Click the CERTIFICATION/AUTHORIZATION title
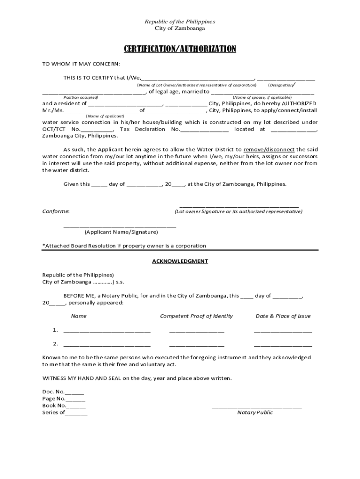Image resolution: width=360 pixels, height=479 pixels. [x=180, y=49]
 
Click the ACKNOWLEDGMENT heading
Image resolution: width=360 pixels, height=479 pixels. [x=180, y=261]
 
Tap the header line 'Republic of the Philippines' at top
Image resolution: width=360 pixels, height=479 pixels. [x=180, y=22]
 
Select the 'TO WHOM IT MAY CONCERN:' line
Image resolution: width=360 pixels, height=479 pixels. [x=81, y=64]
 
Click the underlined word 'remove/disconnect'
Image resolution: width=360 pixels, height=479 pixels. [x=269, y=150]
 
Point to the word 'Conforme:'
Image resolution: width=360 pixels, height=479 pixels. [x=56, y=211]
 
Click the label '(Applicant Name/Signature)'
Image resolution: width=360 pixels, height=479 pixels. [x=121, y=232]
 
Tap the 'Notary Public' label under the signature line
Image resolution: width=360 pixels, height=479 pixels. [x=255, y=413]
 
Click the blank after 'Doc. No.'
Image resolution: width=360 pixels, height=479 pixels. [x=75, y=392]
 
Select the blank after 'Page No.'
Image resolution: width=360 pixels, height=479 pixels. [x=76, y=399]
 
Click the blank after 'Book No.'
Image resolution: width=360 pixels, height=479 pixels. [x=76, y=406]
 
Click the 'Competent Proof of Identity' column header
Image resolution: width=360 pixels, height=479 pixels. [x=196, y=316]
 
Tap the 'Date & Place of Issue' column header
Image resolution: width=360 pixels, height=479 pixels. [x=283, y=316]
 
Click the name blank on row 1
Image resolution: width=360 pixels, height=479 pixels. [x=107, y=331]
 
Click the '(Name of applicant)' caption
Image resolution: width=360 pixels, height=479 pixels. [x=105, y=116]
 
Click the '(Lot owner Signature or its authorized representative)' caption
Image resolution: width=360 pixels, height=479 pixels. [x=239, y=211]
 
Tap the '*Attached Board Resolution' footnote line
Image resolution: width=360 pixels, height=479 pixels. [x=124, y=246]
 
